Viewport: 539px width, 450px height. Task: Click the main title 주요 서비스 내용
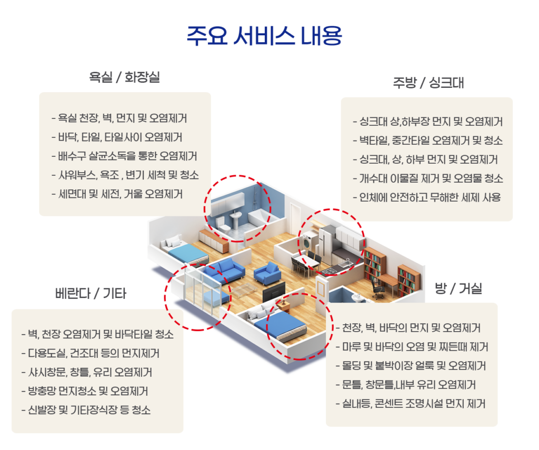click(x=265, y=36)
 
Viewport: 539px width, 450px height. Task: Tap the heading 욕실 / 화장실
click(x=124, y=78)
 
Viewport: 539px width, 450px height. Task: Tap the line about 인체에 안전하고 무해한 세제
click(x=427, y=198)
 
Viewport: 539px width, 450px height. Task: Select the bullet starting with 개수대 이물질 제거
click(x=427, y=179)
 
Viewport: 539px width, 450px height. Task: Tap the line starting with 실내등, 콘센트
click(x=410, y=404)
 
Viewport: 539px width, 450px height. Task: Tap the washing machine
click(x=307, y=244)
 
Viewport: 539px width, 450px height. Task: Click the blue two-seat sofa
click(x=224, y=268)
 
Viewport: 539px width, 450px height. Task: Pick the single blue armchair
click(x=266, y=273)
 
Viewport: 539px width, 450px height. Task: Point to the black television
click(x=274, y=290)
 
